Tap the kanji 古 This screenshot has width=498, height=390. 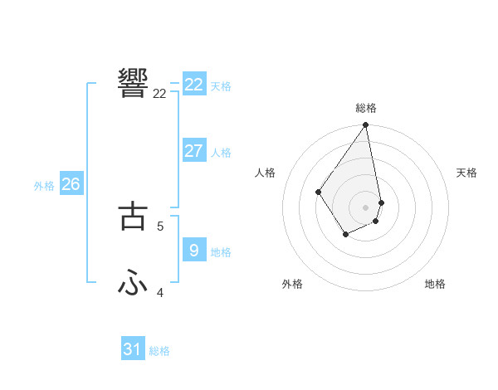click(x=133, y=214)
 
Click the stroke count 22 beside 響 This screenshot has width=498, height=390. click(x=159, y=94)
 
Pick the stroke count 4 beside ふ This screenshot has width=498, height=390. click(x=160, y=292)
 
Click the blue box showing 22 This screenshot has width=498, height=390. click(x=194, y=85)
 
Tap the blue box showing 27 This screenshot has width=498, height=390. click(x=194, y=151)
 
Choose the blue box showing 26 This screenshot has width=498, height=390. click(x=71, y=184)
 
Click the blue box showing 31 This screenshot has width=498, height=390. click(x=133, y=349)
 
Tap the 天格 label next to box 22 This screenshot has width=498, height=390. click(x=221, y=86)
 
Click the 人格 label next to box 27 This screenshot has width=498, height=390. click(x=221, y=153)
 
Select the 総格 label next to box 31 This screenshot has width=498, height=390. click(x=159, y=351)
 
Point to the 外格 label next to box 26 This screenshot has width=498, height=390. click(x=44, y=186)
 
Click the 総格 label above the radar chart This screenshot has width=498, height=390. click(x=366, y=108)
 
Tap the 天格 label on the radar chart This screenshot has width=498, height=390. click(x=466, y=173)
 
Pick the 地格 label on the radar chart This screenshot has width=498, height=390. click(x=435, y=284)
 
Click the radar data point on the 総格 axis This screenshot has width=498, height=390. click(x=366, y=125)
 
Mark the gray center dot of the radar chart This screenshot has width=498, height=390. click(x=366, y=207)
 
